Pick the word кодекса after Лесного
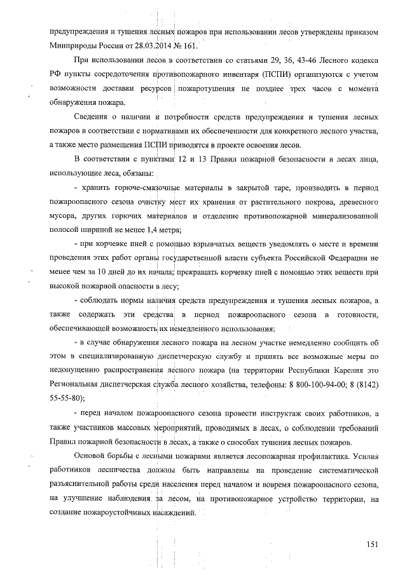[360, 60]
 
